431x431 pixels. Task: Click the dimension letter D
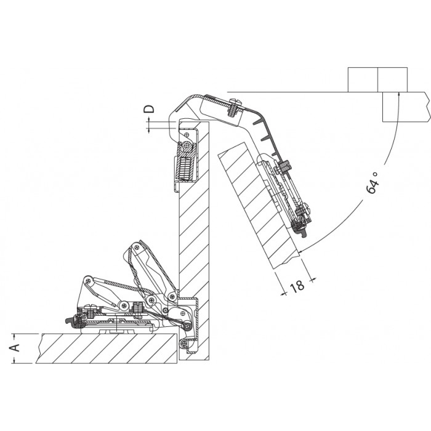click(149, 109)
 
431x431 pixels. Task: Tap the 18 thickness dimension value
click(297, 286)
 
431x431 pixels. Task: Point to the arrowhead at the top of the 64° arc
click(398, 95)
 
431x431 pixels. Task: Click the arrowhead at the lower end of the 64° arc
click(300, 251)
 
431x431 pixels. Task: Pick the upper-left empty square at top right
click(363, 79)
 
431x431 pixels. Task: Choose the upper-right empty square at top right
click(393, 79)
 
